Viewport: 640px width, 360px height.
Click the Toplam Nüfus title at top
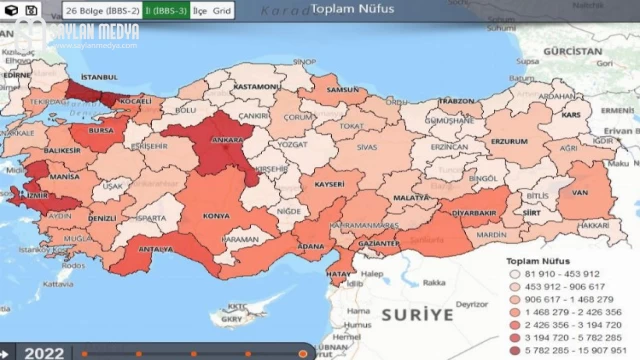[x=351, y=9]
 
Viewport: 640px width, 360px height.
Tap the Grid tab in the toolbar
[x=222, y=10]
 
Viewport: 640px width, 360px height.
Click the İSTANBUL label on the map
[x=99, y=76]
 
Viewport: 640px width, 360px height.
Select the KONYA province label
[x=216, y=215]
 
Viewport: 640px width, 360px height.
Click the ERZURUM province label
[x=508, y=141]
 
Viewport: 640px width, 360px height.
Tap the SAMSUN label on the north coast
[x=342, y=90]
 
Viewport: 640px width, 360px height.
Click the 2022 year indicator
[x=44, y=352]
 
